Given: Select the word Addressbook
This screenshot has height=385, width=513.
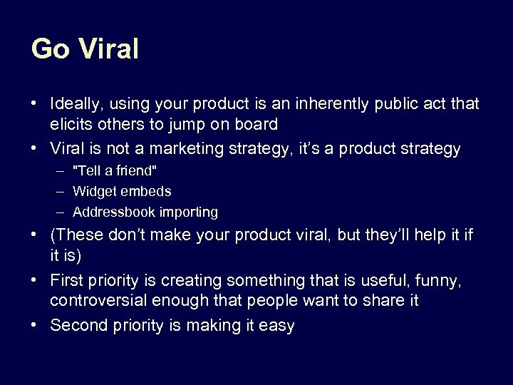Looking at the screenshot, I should (112, 212).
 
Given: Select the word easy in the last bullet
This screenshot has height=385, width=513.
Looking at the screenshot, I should (276, 326).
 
